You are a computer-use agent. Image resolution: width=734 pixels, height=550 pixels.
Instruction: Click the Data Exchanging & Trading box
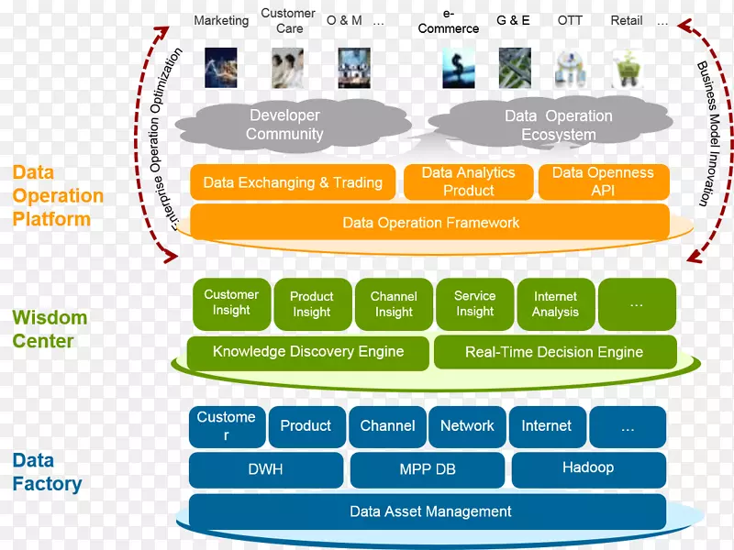[x=293, y=182]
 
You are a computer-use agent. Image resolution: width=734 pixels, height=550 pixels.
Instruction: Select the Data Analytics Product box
[x=468, y=181]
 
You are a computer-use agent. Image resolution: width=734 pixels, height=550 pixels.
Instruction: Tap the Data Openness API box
[x=603, y=181]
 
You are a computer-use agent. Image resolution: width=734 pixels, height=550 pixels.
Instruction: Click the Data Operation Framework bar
[x=430, y=223]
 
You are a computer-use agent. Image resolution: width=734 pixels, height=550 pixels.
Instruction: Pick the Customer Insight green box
[x=231, y=303]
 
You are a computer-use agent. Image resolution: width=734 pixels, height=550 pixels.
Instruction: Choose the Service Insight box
[x=474, y=304]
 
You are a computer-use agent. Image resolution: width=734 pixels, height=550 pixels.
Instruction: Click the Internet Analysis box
[x=555, y=304]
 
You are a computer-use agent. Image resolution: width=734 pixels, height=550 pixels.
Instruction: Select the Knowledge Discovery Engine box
[x=307, y=352]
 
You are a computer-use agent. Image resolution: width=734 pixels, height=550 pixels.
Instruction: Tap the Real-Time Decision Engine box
[x=554, y=352]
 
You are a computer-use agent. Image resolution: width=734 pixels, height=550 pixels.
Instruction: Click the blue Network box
[x=467, y=426]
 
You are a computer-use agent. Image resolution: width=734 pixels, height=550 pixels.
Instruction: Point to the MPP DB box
[x=428, y=469]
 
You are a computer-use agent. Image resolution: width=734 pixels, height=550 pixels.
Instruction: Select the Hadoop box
[x=588, y=468]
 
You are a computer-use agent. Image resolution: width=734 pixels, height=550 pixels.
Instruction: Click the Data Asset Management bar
[x=430, y=511]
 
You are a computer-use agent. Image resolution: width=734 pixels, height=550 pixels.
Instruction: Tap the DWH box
[x=266, y=469]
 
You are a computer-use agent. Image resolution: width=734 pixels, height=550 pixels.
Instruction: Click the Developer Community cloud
[x=284, y=126]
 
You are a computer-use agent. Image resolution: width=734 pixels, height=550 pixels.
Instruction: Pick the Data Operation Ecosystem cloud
[x=558, y=126]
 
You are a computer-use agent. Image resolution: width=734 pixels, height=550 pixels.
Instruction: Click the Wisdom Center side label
[x=50, y=330]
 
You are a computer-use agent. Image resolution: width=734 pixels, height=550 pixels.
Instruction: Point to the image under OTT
[x=570, y=69]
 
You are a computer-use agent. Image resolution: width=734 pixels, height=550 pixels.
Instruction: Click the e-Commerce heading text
[x=448, y=21]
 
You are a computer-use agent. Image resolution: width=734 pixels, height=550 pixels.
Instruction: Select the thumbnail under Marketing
[x=221, y=68]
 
